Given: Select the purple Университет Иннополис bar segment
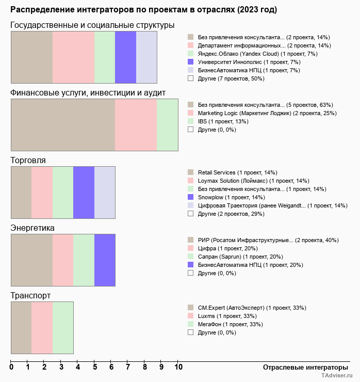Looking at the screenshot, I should pyautogui.click(x=125, y=57).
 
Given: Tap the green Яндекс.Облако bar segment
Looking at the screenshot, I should pyautogui.click(x=105, y=57).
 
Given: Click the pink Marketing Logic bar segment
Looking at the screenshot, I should pyautogui.click(x=136, y=124).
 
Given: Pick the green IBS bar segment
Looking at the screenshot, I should pyautogui.click(x=167, y=124).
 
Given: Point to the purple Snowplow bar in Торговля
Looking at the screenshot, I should pyautogui.click(x=84, y=193).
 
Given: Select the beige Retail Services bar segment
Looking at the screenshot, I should pyautogui.click(x=21, y=193).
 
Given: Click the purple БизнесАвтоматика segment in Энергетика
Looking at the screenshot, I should pyautogui.click(x=105, y=260).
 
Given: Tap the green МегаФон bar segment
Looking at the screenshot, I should pyautogui.click(x=63, y=328).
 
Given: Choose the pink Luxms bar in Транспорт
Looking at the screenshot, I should pyautogui.click(x=42, y=328).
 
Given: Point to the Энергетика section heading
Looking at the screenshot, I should pyautogui.click(x=32, y=228).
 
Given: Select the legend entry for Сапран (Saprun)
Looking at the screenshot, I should pyautogui.click(x=240, y=257).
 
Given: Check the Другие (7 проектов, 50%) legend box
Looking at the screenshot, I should pyautogui.click(x=190, y=78).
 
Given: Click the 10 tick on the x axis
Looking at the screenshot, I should pyautogui.click(x=178, y=367).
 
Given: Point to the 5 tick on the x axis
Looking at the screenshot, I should pyautogui.click(x=94, y=367).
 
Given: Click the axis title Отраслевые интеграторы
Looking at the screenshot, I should pyautogui.click(x=302, y=367).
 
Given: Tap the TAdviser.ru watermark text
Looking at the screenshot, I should pyautogui.click(x=337, y=376).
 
